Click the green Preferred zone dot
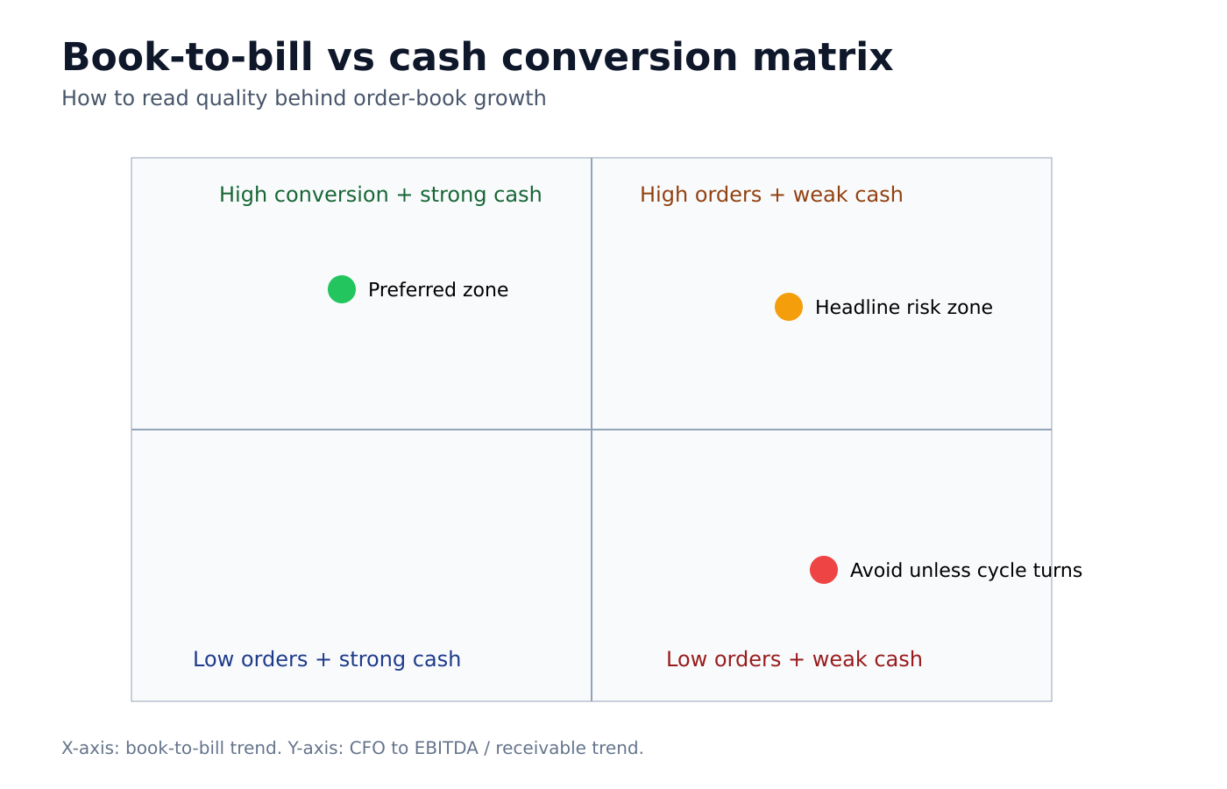(342, 289)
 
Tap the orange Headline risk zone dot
(789, 307)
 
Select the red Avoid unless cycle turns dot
(824, 570)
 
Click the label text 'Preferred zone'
(437, 290)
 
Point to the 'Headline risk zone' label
(904, 308)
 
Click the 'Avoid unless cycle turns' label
(966, 571)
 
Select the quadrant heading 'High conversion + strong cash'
(380, 195)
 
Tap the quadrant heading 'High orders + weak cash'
(771, 195)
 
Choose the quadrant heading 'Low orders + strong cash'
(327, 659)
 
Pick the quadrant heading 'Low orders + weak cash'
(794, 659)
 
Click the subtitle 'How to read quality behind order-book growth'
(303, 98)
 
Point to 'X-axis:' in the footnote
(90, 749)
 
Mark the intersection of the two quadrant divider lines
(592, 430)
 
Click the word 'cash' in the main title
(437, 58)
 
